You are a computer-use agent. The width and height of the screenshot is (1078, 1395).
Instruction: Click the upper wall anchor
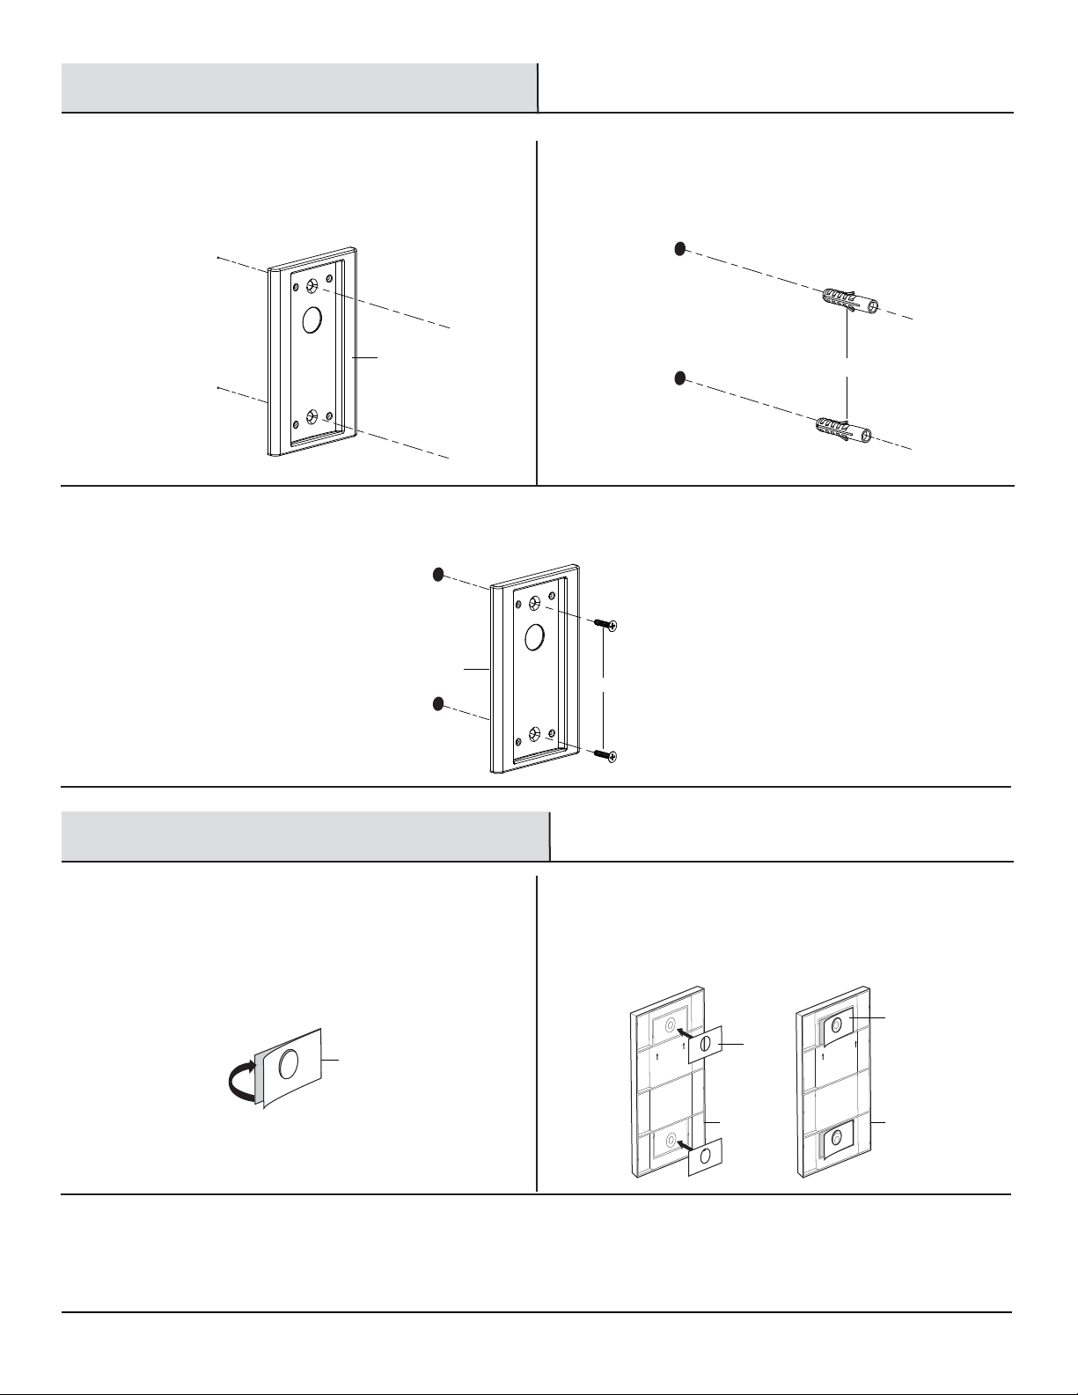point(847,301)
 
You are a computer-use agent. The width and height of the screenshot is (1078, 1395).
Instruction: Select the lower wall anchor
point(844,429)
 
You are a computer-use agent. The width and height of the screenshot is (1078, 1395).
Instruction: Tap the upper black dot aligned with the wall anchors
point(679,249)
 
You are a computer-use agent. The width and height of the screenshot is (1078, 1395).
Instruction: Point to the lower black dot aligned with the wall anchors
point(679,378)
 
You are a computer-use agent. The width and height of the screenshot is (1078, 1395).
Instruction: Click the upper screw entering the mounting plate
point(603,624)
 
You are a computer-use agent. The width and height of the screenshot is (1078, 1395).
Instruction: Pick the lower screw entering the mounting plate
point(603,753)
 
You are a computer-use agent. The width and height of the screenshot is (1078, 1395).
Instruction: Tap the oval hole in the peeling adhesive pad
point(288,1066)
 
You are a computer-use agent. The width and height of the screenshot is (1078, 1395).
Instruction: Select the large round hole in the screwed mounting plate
point(533,637)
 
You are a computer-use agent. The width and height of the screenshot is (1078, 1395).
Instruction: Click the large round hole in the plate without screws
point(312,320)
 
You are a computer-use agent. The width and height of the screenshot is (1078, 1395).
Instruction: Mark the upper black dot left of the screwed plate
point(438,575)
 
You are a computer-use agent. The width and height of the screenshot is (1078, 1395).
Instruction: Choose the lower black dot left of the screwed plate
point(438,704)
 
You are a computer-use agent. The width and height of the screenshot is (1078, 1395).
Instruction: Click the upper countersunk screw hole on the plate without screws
point(312,287)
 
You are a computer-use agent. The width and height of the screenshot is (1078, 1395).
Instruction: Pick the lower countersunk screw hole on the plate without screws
point(312,417)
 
